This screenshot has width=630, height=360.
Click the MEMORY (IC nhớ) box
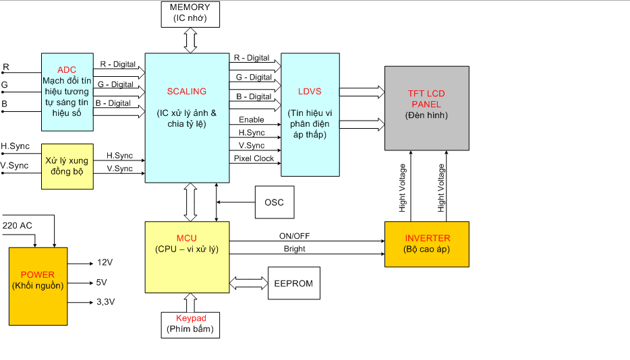click(x=190, y=13)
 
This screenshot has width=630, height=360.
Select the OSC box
click(x=274, y=202)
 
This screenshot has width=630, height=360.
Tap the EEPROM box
click(x=293, y=283)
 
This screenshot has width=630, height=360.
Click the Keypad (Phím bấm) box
click(x=190, y=324)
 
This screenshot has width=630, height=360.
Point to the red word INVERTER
click(x=427, y=239)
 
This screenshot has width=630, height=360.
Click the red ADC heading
click(x=67, y=70)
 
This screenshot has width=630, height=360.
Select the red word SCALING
click(x=186, y=91)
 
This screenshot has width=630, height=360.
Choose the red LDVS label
click(x=310, y=91)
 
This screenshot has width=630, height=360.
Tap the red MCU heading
click(x=186, y=239)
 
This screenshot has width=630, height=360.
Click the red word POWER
click(x=38, y=275)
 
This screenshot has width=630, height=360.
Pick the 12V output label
click(x=105, y=262)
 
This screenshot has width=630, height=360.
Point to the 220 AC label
click(x=18, y=225)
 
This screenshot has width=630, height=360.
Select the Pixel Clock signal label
click(x=254, y=158)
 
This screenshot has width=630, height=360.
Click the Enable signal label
click(x=251, y=120)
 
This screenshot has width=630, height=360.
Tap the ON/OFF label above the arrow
click(x=294, y=236)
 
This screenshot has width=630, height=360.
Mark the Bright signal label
click(x=294, y=249)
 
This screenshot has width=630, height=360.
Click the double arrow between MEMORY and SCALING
click(x=190, y=40)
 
